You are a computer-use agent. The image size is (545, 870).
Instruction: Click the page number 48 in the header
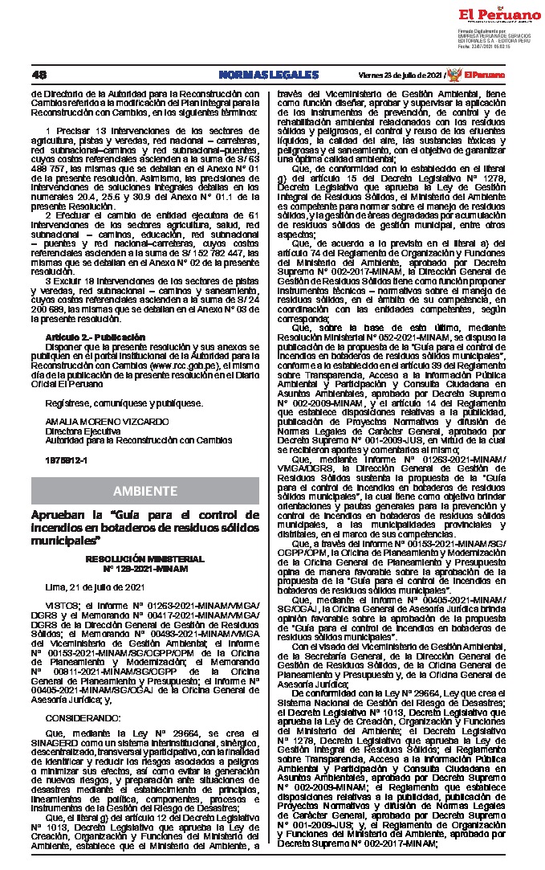(x=39, y=75)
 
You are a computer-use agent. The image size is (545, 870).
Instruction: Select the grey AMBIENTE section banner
(x=145, y=490)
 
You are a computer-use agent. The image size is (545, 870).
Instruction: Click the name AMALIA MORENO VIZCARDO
(x=96, y=421)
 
